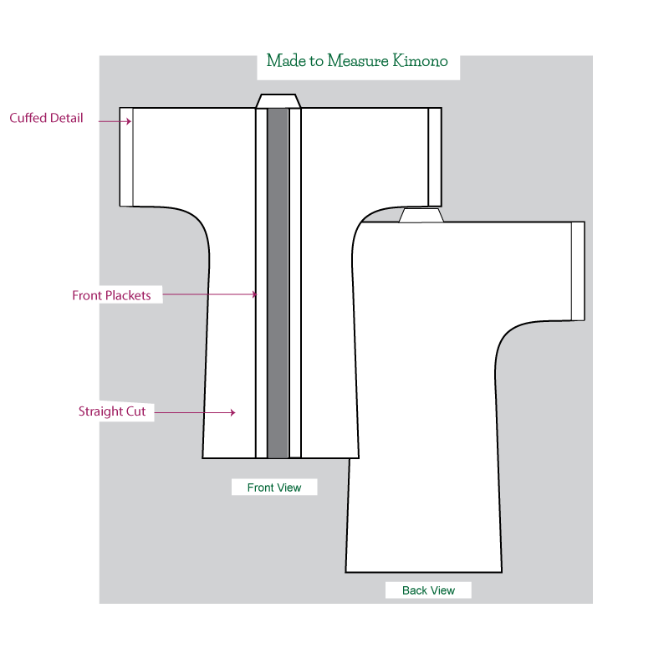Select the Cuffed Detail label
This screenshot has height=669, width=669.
tap(46, 118)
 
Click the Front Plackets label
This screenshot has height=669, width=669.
tap(111, 295)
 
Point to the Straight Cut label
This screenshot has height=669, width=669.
tap(111, 411)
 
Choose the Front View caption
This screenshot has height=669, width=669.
tap(274, 488)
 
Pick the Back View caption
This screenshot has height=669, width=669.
tap(428, 590)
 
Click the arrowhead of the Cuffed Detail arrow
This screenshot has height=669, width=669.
tap(129, 121)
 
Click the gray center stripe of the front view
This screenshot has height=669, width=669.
tap(278, 284)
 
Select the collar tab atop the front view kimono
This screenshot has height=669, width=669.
tap(278, 100)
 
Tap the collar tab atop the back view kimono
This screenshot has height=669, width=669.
tap(421, 215)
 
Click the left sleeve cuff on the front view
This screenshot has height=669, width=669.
tap(126, 156)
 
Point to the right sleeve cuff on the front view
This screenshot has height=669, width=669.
tap(435, 156)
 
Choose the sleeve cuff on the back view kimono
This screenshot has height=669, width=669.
tap(578, 271)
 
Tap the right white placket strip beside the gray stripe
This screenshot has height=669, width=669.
tap(294, 284)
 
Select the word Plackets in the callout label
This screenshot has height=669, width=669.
tap(130, 295)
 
